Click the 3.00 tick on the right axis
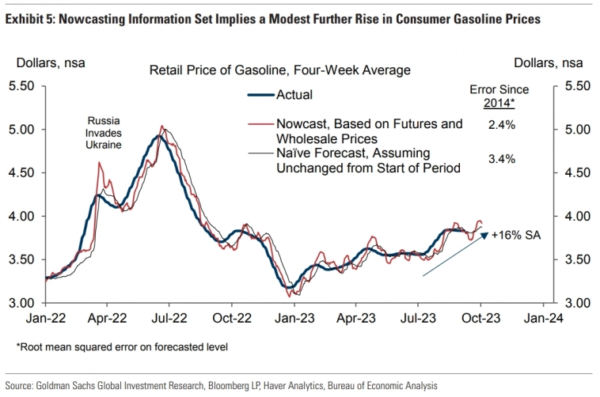click(x=575, y=303)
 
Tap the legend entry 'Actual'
click(x=294, y=95)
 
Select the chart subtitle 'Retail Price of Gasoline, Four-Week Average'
click(x=279, y=70)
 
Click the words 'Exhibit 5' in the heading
click(x=27, y=18)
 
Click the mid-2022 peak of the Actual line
click(x=158, y=136)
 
